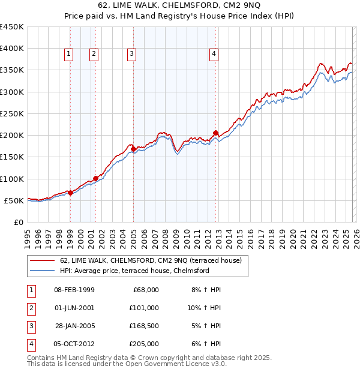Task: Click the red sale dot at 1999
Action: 70,193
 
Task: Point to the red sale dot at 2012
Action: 215,133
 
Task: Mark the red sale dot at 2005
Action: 133,149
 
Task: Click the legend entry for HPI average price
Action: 134,271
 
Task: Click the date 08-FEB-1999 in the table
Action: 74,290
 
